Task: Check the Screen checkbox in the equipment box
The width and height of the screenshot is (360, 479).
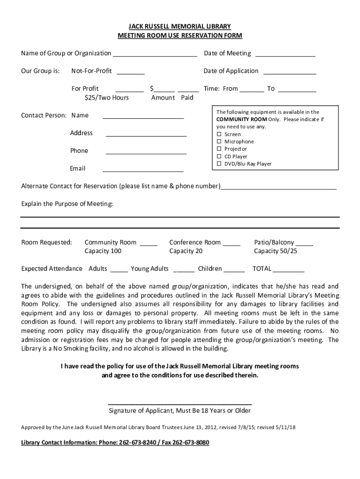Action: click(218, 134)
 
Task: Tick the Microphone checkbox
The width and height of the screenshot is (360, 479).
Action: click(218, 142)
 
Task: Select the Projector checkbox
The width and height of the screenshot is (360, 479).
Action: click(218, 149)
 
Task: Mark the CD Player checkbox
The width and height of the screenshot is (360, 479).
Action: click(218, 157)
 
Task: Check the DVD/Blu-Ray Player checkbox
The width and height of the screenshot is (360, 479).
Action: click(218, 164)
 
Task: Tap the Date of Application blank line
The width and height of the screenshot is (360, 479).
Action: click(290, 72)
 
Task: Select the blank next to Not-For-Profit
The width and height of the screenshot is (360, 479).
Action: click(130, 72)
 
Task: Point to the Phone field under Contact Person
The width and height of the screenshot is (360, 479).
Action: click(146, 152)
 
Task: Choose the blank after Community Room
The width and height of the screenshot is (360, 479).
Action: click(149, 244)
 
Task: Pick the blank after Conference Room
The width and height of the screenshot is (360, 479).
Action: click(231, 244)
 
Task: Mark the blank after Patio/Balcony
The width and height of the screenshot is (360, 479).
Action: click(305, 244)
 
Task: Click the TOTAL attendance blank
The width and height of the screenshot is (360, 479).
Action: click(289, 270)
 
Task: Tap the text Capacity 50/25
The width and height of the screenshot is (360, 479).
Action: click(275, 251)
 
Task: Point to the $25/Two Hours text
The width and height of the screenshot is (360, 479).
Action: click(107, 98)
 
